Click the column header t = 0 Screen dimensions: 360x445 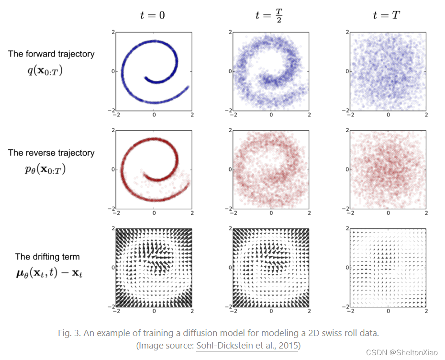coord(153,15)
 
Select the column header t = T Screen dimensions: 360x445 coord(386,15)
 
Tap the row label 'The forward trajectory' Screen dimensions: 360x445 coord(51,54)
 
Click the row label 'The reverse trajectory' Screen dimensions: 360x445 coord(51,153)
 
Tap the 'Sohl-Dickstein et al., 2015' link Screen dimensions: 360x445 coord(247,345)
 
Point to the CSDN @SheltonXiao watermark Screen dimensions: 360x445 coord(402,352)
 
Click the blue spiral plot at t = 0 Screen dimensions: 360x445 coord(154,71)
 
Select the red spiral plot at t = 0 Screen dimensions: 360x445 coord(154,169)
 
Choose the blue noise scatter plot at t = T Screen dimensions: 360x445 coord(388,71)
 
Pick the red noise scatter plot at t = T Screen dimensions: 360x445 coord(388,169)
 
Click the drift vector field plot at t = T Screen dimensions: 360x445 coord(388,268)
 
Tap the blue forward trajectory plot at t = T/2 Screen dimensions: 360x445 coord(271,71)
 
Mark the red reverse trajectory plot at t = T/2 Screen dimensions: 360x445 coord(271,169)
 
